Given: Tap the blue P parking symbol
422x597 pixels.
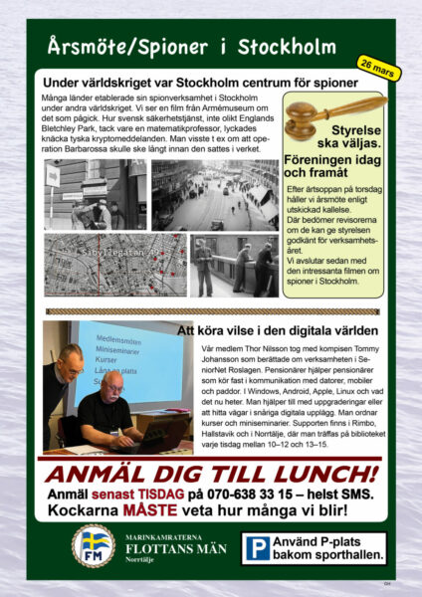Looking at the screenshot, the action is coord(259,546).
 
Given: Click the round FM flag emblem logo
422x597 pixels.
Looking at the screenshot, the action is coord(95,546).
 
